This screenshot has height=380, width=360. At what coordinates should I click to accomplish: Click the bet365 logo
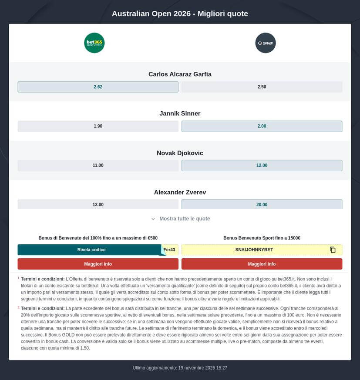point(94,43)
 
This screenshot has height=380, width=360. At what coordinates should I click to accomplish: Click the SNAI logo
point(266,43)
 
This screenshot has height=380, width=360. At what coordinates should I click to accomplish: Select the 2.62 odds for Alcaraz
point(98,87)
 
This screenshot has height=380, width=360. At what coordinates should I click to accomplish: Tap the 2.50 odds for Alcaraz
point(262,87)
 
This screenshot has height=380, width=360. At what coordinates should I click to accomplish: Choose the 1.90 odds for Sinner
point(98,126)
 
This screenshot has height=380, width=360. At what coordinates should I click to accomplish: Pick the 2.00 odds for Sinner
point(262,126)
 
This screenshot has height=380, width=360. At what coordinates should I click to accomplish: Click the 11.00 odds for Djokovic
point(98,165)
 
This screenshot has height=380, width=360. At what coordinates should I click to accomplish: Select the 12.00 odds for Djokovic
point(262,165)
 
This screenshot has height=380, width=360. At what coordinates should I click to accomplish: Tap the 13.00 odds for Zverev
point(98,204)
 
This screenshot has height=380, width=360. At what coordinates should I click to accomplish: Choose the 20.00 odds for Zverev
point(262,204)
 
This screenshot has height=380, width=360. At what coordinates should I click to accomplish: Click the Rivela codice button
point(91,250)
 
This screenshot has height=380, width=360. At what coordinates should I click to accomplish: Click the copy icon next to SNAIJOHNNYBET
point(333,250)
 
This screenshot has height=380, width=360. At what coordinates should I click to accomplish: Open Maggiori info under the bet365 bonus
point(98,264)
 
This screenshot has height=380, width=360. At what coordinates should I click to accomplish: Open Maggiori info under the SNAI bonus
point(262,264)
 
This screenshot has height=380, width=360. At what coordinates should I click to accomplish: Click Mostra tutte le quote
point(180,219)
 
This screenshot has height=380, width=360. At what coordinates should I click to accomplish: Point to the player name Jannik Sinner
point(180,113)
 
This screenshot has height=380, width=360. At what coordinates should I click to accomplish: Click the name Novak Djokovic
point(180,153)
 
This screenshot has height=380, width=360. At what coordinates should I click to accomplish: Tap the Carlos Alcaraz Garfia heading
point(180,74)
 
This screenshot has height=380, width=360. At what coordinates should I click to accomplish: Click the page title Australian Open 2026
point(180,13)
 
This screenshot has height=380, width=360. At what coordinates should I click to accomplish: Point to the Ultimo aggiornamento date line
point(180,368)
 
